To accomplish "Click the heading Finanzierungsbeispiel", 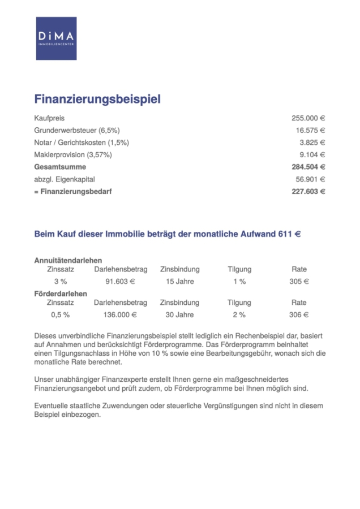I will [97, 99].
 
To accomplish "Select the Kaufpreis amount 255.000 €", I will [308, 118].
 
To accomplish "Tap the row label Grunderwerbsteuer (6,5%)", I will [81, 131].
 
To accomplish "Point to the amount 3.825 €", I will [312, 143].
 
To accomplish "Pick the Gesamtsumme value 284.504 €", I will [308, 167].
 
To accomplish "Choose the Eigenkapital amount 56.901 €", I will [310, 179].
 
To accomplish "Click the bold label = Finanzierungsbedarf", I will [73, 192].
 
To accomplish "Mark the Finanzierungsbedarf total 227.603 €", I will [308, 192].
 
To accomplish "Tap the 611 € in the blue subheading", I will [289, 234].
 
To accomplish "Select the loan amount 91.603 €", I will [120, 281].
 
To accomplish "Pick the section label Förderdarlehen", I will [61, 294].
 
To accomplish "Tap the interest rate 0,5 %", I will [60, 315].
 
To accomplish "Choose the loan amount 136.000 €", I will [120, 315].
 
